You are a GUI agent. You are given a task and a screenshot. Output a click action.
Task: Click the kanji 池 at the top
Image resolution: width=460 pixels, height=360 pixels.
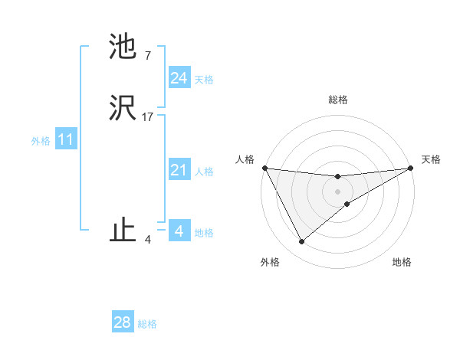(123, 47)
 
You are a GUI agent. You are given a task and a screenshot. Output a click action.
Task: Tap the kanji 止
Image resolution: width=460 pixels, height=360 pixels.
(123, 231)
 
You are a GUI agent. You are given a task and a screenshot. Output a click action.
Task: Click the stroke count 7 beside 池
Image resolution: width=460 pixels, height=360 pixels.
(147, 55)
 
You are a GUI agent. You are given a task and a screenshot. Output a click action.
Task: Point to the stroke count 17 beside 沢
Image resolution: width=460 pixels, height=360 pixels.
(148, 117)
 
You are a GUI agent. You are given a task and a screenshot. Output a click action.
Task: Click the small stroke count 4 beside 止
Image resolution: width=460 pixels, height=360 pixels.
(148, 239)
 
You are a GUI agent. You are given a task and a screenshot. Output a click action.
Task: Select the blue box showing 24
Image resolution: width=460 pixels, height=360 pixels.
(179, 78)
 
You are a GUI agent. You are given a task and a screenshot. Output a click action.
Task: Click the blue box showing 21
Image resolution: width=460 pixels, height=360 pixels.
(179, 171)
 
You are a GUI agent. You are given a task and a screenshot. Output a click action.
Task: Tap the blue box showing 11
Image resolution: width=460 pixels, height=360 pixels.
(66, 140)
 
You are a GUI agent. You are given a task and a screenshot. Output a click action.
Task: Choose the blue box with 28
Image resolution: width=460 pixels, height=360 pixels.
(123, 322)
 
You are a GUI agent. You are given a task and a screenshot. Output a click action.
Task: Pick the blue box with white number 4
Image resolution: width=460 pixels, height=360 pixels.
(179, 231)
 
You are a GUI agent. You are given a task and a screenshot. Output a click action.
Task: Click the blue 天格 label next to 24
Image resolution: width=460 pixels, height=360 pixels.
(204, 80)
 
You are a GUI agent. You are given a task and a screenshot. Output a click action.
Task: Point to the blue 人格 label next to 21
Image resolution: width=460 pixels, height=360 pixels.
(204, 172)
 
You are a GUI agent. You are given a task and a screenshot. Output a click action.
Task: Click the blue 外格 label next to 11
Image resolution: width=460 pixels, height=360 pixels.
(41, 141)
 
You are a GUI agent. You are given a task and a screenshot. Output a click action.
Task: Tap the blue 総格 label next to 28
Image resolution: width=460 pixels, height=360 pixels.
(147, 324)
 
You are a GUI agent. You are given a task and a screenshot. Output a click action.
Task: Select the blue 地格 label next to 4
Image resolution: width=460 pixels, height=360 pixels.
(204, 233)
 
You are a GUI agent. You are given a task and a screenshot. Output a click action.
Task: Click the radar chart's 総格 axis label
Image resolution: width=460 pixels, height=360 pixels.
(338, 100)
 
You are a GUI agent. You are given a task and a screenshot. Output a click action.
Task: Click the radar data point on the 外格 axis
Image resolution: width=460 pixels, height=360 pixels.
(301, 242)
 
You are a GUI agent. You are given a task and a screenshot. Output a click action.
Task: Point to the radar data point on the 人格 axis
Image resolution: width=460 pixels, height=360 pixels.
(264, 168)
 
